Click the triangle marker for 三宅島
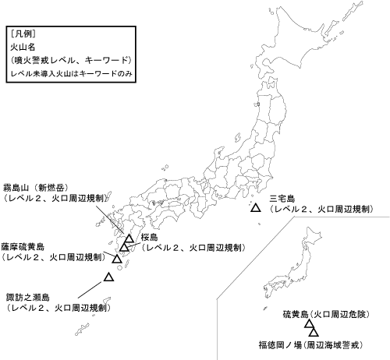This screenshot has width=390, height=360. click(255, 208)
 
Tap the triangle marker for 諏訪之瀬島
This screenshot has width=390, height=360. click(109, 277)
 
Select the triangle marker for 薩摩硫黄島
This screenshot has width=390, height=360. click(117, 258)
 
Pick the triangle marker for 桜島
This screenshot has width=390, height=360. click(124, 247)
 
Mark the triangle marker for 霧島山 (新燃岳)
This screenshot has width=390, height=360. click(129, 238)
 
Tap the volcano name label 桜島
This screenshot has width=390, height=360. click(150, 236)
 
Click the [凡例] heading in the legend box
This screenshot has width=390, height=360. click(23, 34)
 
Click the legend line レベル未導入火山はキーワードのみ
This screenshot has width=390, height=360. click(69, 72)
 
